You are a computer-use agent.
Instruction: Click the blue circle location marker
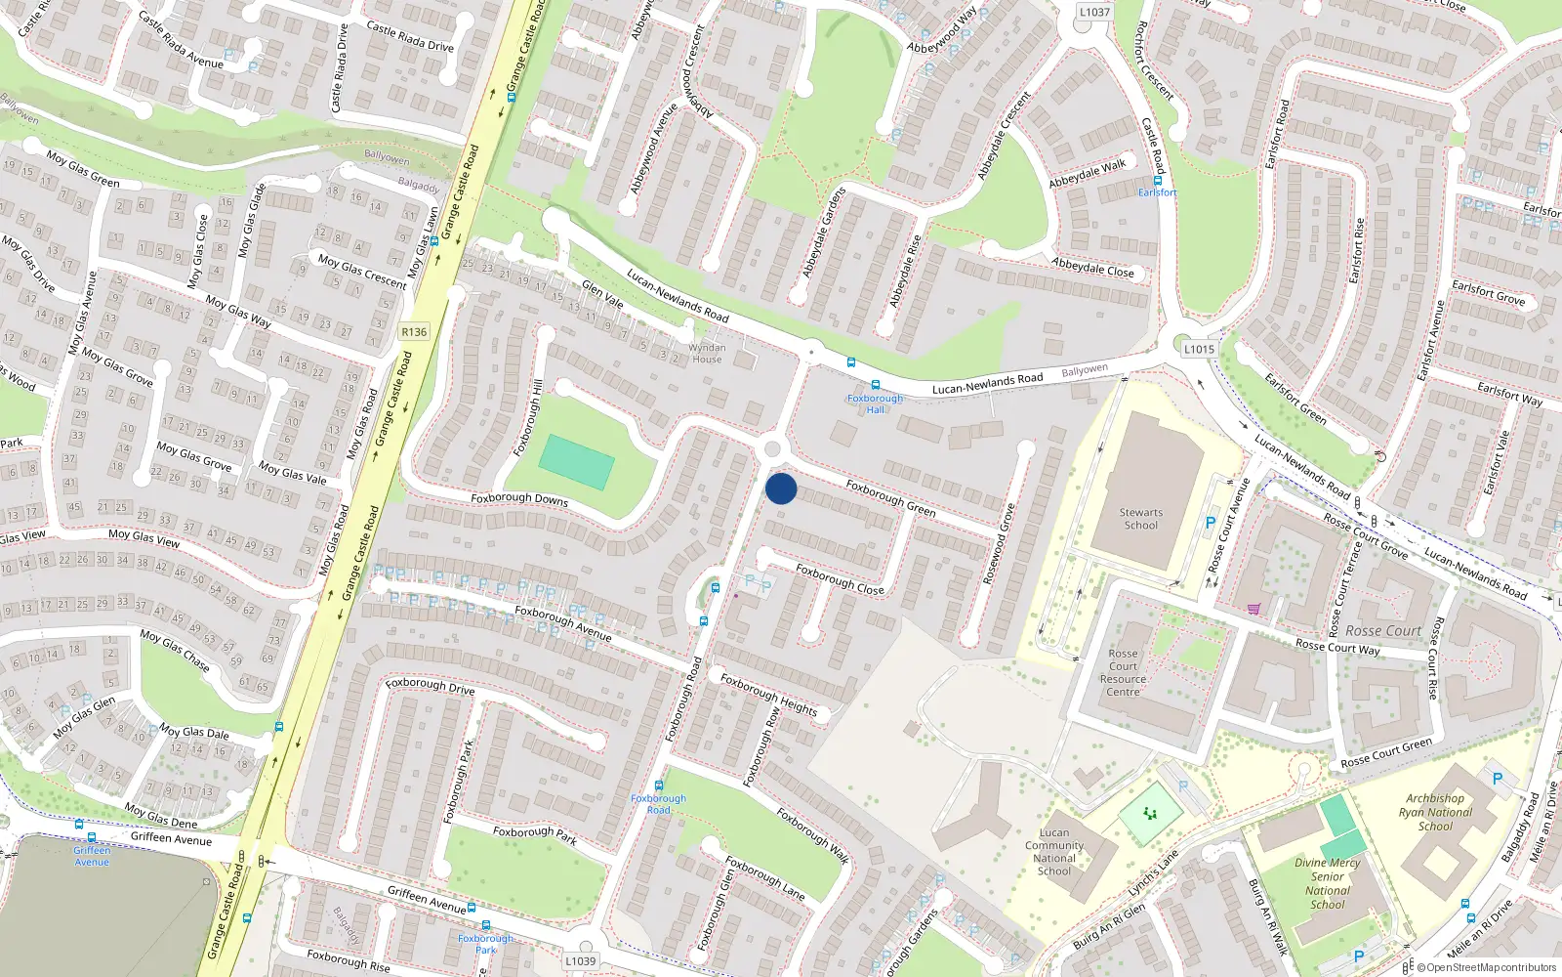pos(781,488)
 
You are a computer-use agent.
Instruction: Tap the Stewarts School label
pos(1140,519)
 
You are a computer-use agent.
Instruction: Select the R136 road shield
pos(414,332)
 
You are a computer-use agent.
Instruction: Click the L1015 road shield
pos(1199,349)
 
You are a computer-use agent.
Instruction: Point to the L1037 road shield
pos(1094,13)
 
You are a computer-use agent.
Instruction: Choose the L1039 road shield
pos(580,960)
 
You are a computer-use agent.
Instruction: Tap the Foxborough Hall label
pos(875,404)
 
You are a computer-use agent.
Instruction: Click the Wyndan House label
pos(707,353)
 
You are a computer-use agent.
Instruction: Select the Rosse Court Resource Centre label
pos(1123,672)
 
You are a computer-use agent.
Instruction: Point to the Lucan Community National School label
pos(1054,852)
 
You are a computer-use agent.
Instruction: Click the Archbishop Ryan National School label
pos(1435,812)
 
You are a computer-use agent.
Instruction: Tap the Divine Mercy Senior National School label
pos(1328,883)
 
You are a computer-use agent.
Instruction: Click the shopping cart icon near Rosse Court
pos(1254,609)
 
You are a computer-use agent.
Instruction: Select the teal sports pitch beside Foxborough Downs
pos(577,462)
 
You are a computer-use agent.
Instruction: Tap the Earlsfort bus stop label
pos(1157,192)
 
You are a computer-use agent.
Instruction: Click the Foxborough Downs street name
pos(519,498)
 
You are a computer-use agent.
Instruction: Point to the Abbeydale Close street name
pos(1092,268)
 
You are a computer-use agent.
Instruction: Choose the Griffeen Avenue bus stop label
pos(92,856)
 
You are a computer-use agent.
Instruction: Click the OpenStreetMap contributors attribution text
pos(1486,968)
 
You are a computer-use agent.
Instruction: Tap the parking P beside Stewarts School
pos(1211,523)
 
